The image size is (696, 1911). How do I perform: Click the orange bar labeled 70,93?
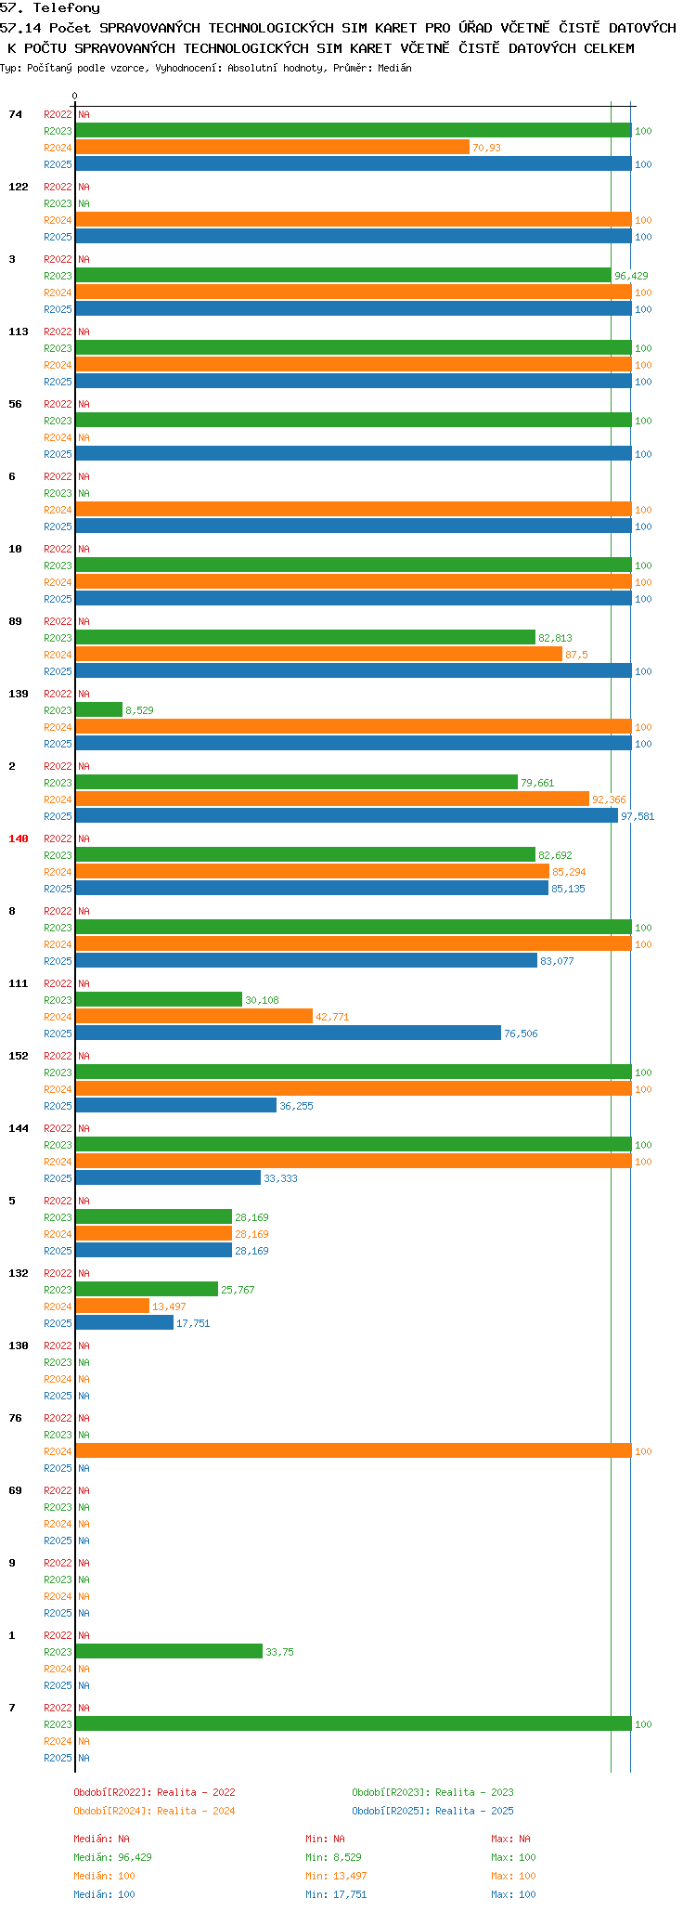(x=272, y=147)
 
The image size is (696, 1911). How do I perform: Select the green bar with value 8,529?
(x=98, y=709)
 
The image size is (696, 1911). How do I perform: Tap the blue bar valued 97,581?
(x=346, y=815)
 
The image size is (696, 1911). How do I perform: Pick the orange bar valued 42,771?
(x=194, y=1016)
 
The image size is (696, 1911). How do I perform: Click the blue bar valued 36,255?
(x=175, y=1105)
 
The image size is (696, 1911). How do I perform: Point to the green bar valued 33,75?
(x=169, y=1651)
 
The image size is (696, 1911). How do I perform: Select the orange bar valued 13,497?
(x=112, y=1306)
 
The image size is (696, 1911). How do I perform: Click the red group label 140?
(x=19, y=838)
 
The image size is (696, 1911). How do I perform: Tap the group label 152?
(x=19, y=1056)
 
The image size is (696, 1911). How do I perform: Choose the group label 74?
(x=16, y=114)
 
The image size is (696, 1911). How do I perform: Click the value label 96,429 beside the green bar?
(x=631, y=276)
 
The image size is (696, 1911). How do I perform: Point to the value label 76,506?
(x=521, y=1033)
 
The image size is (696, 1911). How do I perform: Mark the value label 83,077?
(x=557, y=961)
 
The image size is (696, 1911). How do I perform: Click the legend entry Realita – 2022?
(x=154, y=1792)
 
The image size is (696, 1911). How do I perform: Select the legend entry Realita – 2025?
(x=432, y=1811)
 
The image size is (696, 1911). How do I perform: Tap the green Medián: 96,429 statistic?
(x=112, y=1857)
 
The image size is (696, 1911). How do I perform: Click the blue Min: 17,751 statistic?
(x=336, y=1894)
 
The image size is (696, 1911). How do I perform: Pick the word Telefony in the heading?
(x=66, y=8)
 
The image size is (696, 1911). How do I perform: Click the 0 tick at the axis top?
(x=75, y=96)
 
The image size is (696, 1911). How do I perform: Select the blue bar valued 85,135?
(x=312, y=888)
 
